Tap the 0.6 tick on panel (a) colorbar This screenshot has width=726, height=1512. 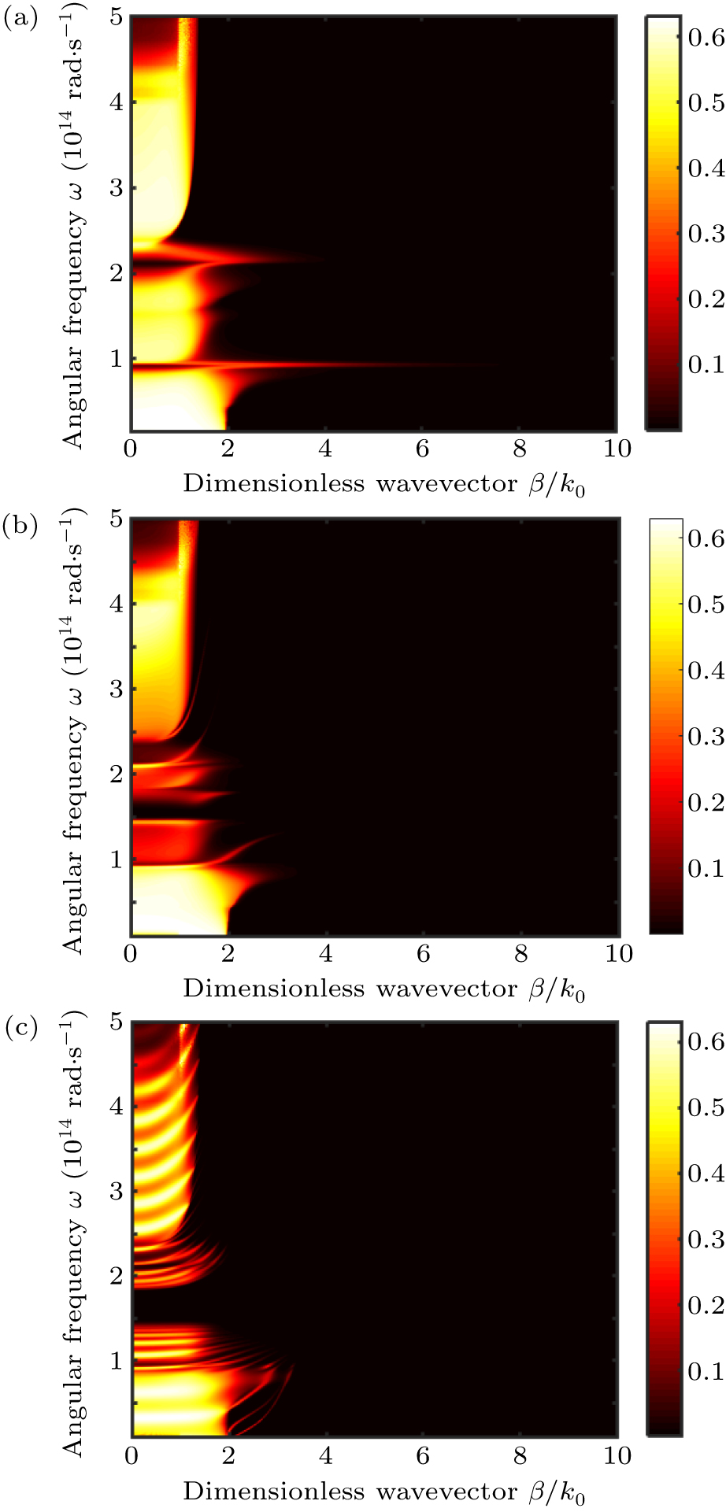coord(706,37)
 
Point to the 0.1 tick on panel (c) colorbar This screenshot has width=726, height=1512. coord(706,1371)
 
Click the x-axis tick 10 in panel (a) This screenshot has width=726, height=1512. coord(617,449)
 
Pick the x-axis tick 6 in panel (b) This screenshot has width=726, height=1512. coord(423,954)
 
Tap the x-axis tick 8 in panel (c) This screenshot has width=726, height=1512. coord(520,1456)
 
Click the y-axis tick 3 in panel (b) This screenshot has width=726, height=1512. coord(117,689)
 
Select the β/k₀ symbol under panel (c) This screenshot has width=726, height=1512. coord(558,1493)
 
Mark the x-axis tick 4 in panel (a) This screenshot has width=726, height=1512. coord(325,449)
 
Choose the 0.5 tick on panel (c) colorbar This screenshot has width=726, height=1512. coord(706,1107)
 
